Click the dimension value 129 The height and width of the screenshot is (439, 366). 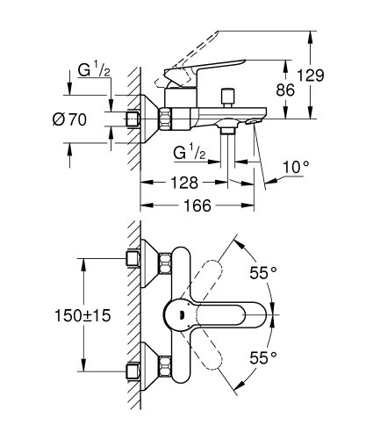(x=332, y=76)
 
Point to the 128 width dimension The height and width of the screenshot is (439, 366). (x=184, y=183)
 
